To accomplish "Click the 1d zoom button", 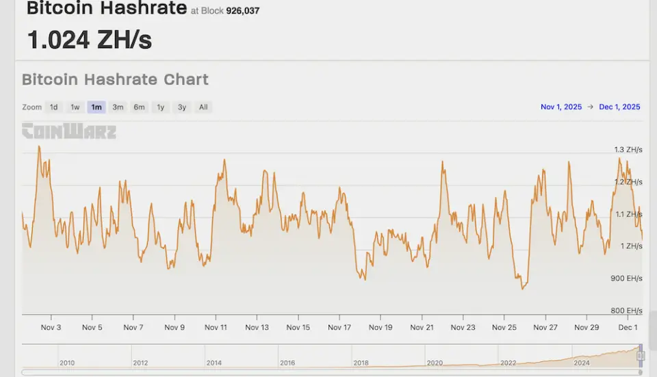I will coord(53,107).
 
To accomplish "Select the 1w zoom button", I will coord(75,107).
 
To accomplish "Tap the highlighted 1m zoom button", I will coord(96,107).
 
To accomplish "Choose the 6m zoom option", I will coord(140,107).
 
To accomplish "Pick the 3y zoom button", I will coord(182,107).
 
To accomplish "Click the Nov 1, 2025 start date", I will coord(561,107).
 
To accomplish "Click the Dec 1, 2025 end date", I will coord(619,107).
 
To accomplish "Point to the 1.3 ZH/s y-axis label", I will coord(628,150).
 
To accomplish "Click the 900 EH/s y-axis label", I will coord(627,278).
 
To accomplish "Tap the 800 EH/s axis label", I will coord(627,311).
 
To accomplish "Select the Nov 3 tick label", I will coord(51,328).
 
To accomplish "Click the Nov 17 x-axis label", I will coord(339,328).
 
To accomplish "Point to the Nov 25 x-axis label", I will coord(504,328).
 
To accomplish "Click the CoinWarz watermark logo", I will coord(68,131).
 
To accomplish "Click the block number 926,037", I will coord(243,11).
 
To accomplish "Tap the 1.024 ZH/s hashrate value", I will coord(90,40).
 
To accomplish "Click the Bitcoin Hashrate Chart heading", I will coord(115,79).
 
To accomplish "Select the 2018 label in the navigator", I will coord(361,363).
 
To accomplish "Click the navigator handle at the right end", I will coord(641,354).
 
